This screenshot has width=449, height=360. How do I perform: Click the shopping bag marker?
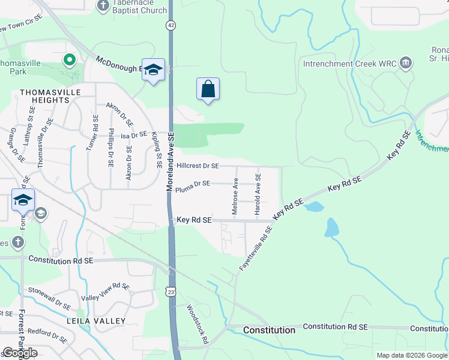[208, 89]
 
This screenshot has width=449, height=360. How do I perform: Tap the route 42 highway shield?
[171, 25]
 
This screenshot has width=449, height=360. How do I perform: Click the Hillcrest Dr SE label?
[197, 166]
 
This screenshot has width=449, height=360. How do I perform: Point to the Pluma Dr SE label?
[193, 184]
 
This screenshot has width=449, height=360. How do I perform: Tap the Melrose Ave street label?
[235, 196]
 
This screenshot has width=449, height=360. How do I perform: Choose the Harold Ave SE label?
[258, 194]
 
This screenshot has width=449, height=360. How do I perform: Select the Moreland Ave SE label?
[170, 162]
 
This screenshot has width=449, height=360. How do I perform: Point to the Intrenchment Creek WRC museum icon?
[406, 63]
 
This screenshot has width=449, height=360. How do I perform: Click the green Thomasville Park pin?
[69, 59]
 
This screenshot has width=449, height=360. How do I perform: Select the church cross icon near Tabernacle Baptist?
[103, 6]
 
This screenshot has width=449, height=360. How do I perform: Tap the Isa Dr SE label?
[134, 134]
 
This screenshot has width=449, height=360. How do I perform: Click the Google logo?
[19, 353]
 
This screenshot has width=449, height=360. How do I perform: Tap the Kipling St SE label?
[157, 150]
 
